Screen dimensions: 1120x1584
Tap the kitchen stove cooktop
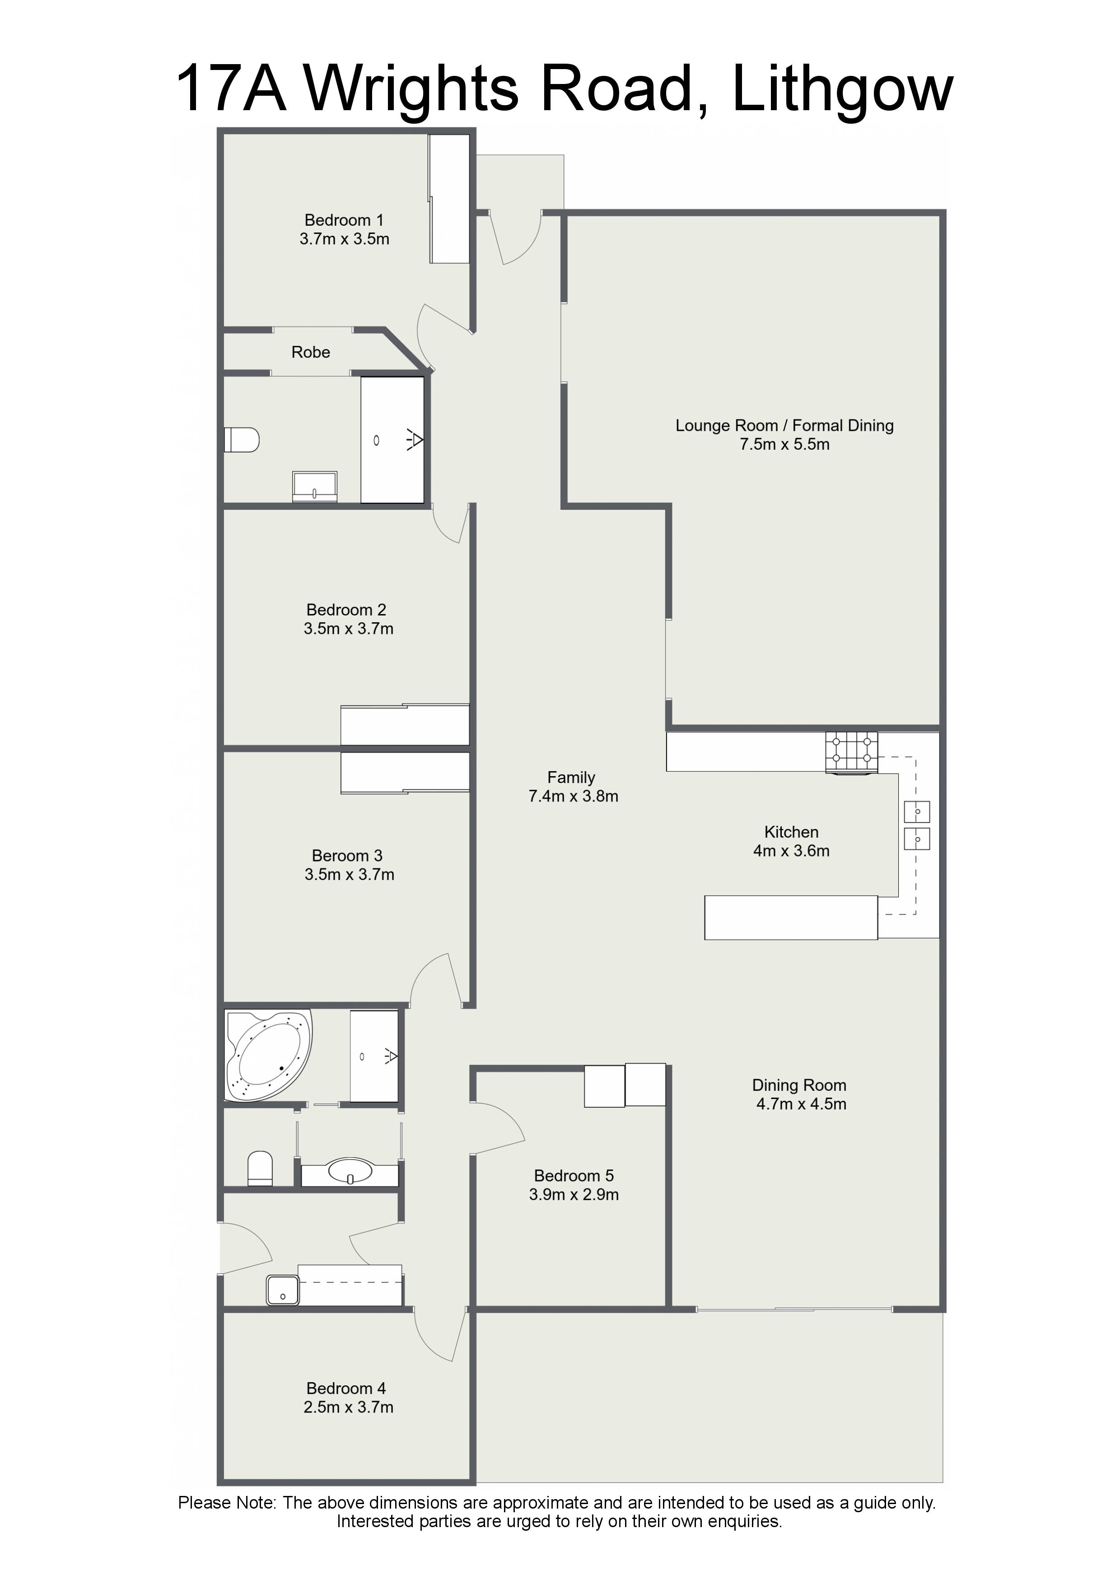coord(852,752)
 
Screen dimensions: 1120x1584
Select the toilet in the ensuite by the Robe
coord(242,439)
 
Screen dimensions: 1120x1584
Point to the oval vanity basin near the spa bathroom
coord(350,1171)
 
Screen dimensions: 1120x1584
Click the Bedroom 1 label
coord(344,220)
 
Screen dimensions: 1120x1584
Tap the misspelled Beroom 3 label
coord(347,856)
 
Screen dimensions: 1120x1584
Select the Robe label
coord(311,352)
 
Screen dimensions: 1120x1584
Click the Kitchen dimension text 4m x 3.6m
coord(792,851)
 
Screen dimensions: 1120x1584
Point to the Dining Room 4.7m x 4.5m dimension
coord(801,1104)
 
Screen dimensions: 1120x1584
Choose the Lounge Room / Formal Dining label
coord(784,426)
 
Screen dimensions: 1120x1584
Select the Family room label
coord(571,778)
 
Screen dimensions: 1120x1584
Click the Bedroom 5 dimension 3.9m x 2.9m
coord(574,1194)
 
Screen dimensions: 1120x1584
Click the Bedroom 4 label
coord(346,1388)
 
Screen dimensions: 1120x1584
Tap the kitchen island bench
coord(791,918)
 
